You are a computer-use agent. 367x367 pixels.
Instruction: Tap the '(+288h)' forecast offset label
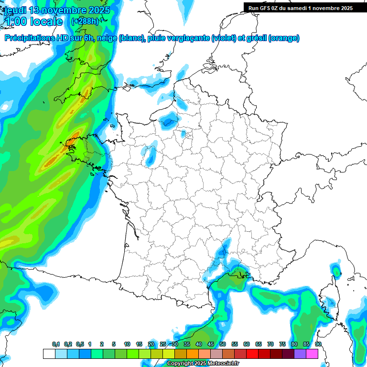click(85, 22)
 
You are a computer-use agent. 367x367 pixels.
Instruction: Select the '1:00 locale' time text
click(33, 22)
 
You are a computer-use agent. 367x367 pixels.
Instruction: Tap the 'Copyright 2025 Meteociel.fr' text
click(203, 364)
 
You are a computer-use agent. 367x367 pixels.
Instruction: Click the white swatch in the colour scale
click(49, 354)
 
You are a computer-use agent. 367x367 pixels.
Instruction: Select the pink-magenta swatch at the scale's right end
click(312, 354)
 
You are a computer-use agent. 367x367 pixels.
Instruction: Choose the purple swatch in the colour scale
click(300, 354)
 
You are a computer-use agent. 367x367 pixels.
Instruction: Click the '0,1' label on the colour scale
click(55, 345)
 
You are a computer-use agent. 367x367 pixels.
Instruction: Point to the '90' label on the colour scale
click(318, 345)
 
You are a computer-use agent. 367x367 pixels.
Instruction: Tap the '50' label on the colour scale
click(223, 345)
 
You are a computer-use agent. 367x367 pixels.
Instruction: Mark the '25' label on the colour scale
click(163, 345)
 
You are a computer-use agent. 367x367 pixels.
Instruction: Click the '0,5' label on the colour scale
click(79, 345)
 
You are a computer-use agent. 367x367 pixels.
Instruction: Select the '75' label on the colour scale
click(282, 345)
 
